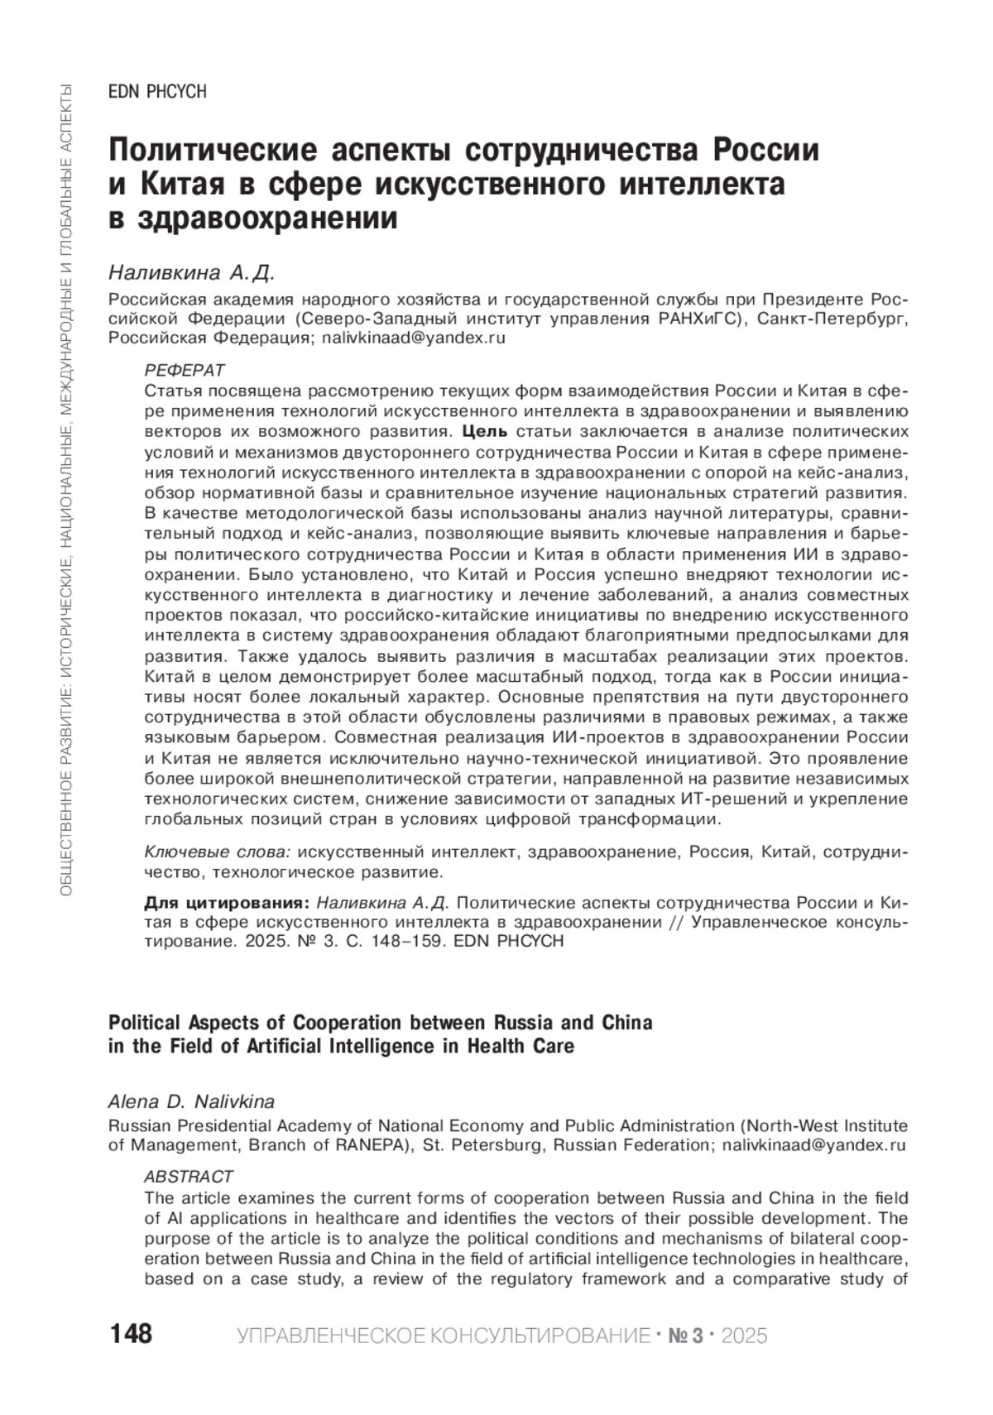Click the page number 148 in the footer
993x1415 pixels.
[x=131, y=1334]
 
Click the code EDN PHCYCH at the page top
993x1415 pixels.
[x=157, y=92]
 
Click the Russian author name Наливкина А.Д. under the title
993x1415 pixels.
[x=191, y=272]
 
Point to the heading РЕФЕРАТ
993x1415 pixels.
[x=185, y=369]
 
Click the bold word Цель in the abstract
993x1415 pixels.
[x=480, y=431]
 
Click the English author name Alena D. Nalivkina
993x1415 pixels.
[x=192, y=1101]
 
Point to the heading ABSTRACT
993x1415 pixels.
[x=189, y=1176]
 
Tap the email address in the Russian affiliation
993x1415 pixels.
[x=414, y=338]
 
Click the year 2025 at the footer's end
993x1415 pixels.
[x=745, y=1336]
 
